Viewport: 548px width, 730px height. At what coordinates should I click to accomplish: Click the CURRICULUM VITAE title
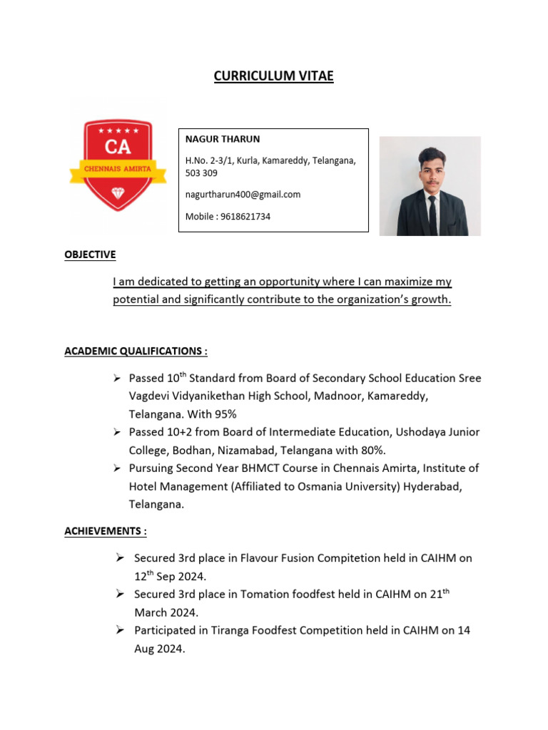click(273, 76)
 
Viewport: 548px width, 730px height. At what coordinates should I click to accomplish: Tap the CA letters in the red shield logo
click(118, 148)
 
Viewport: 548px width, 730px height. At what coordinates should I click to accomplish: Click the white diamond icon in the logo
click(118, 193)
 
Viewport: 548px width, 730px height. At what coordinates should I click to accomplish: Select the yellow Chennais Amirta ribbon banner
click(118, 170)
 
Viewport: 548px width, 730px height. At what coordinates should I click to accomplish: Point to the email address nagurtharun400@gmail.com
click(243, 194)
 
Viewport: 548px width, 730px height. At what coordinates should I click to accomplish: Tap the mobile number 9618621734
click(247, 216)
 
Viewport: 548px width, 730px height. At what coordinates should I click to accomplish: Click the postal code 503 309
click(201, 173)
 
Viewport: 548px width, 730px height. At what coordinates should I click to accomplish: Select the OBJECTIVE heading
click(90, 255)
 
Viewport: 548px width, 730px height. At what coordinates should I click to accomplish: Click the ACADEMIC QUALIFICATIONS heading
click(136, 351)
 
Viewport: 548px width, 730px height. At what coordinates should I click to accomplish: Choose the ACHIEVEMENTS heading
click(106, 531)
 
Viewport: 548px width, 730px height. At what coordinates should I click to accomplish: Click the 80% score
click(371, 450)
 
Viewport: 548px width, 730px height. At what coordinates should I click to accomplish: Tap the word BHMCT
click(263, 468)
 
